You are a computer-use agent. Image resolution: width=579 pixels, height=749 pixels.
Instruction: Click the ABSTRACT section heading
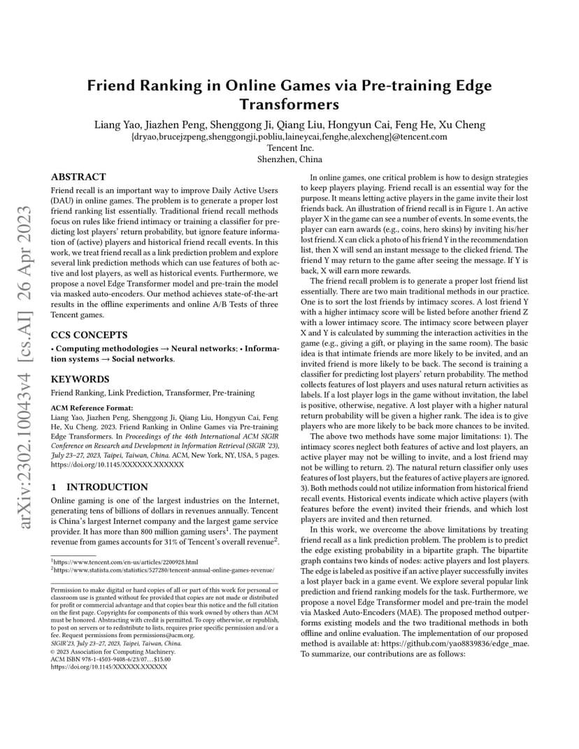[x=78, y=177]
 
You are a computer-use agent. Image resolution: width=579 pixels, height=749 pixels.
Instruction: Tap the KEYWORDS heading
[x=80, y=379]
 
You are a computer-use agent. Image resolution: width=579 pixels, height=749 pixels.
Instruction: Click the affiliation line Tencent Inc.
[x=289, y=148]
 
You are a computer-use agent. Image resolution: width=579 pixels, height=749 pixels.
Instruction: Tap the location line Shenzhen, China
[x=289, y=159]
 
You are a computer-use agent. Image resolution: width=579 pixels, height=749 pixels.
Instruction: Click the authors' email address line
[x=289, y=137]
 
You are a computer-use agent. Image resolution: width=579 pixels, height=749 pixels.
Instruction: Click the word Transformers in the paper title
[x=289, y=104]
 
